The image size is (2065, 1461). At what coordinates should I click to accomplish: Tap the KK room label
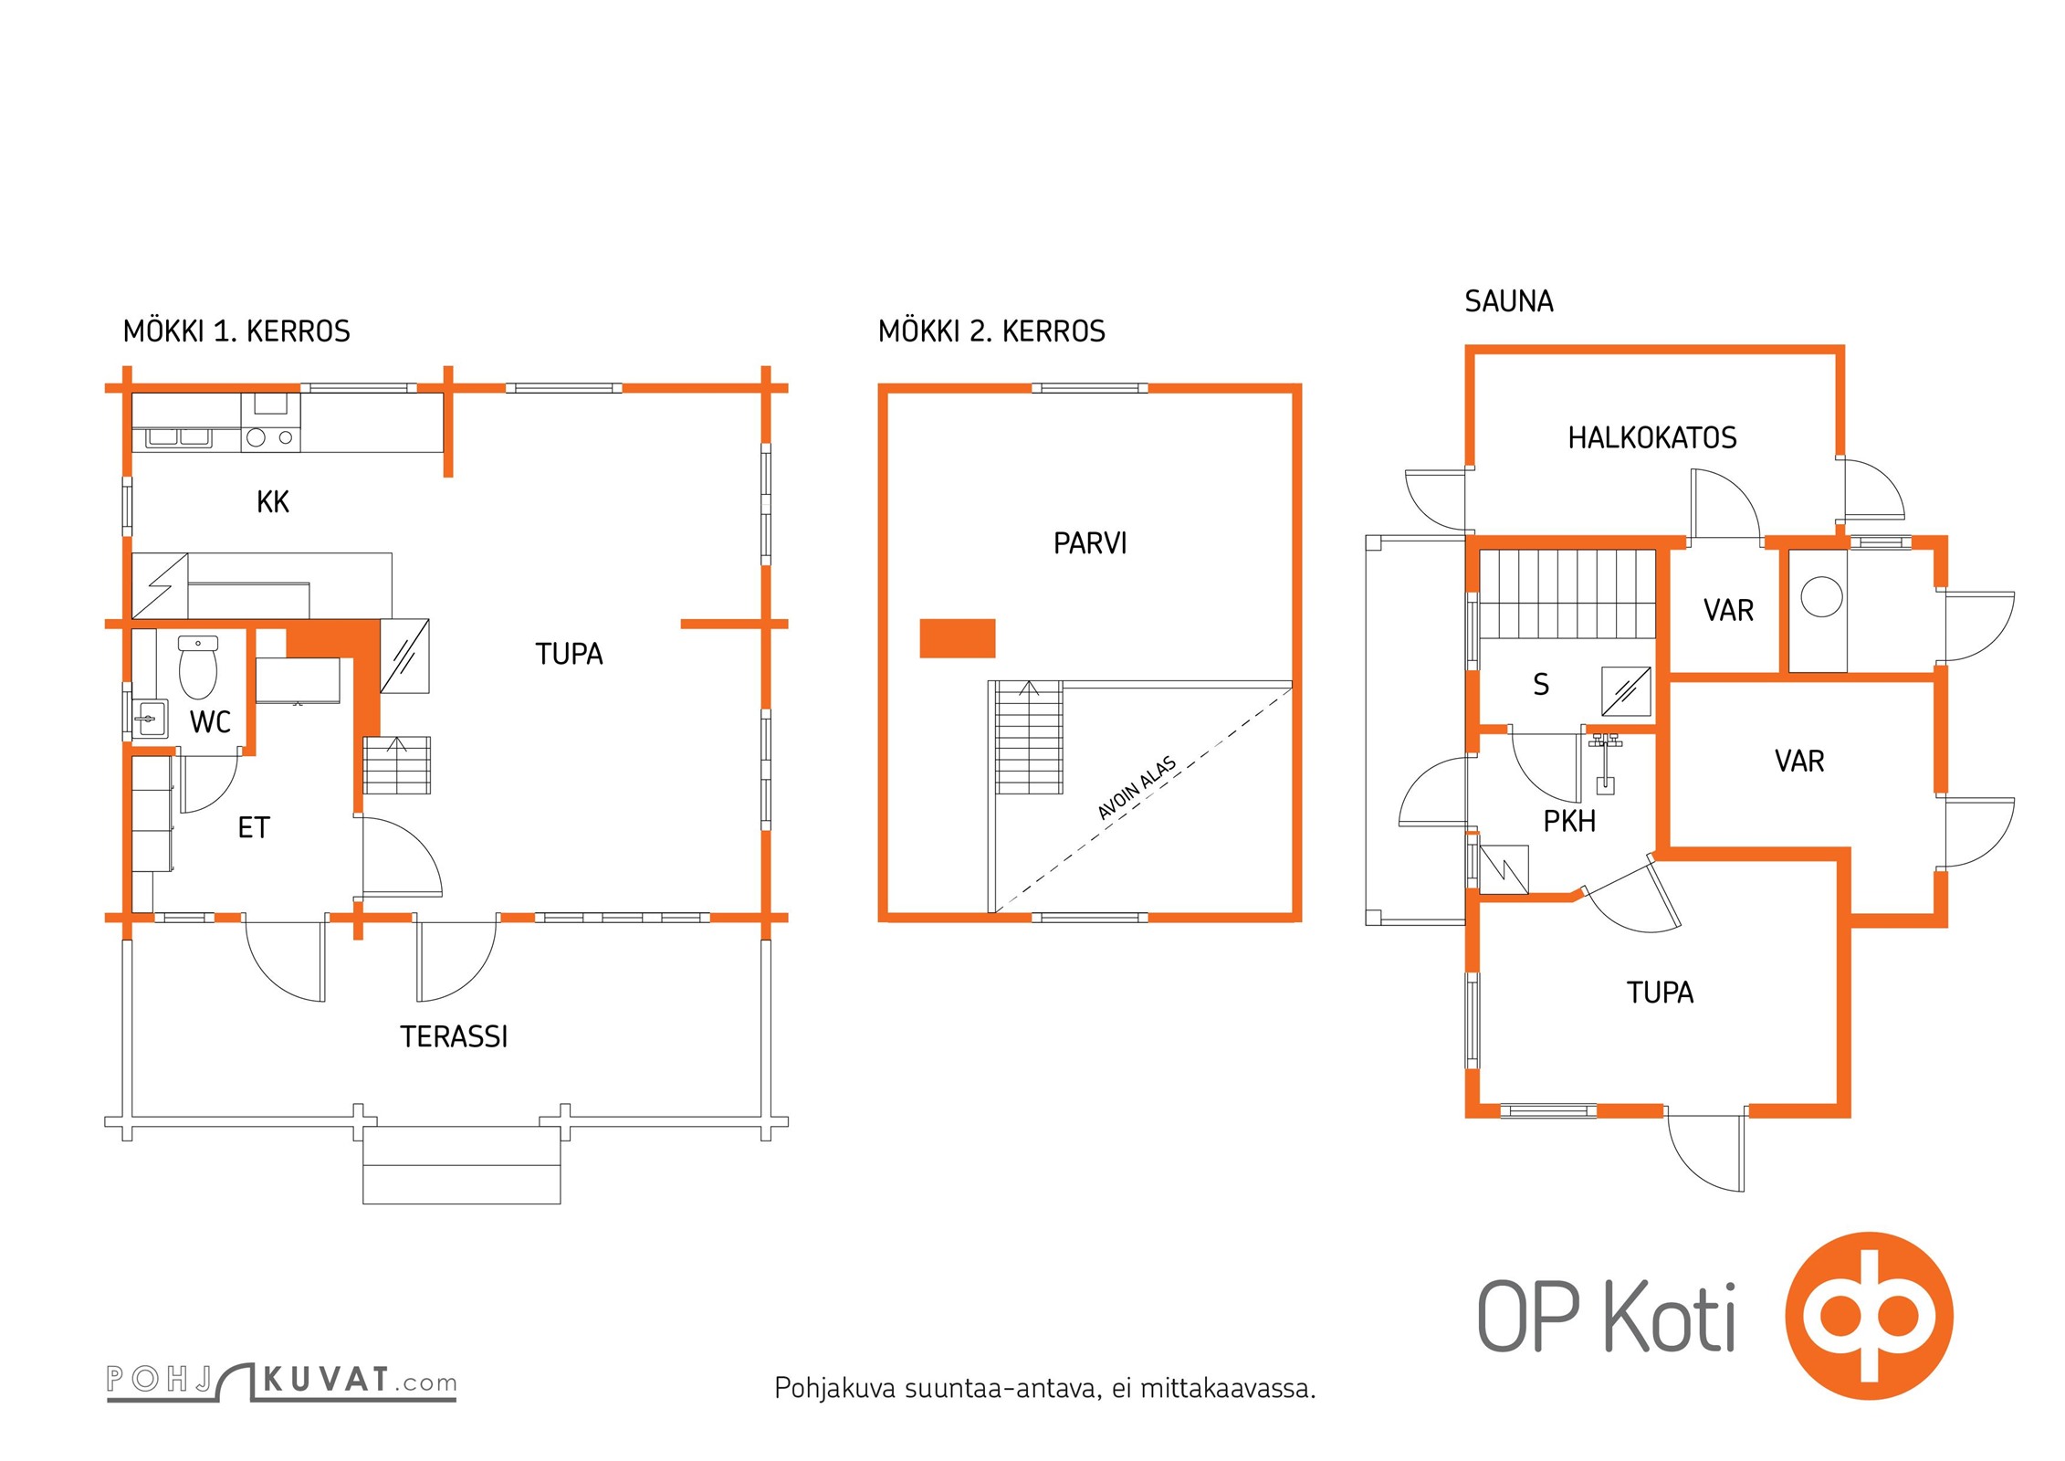tap(273, 502)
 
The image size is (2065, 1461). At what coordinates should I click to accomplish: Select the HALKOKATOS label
tap(1652, 438)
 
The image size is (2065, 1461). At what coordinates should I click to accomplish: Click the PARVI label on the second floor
tap(1090, 544)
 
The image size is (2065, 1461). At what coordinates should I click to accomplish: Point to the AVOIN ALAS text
tap(1137, 788)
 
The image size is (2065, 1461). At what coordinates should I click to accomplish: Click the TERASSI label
tap(454, 1036)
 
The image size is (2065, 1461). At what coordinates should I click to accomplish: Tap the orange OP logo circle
tap(1870, 1316)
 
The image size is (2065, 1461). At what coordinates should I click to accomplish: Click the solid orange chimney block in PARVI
tap(957, 638)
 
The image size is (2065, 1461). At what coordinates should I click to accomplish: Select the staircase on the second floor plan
tap(1029, 738)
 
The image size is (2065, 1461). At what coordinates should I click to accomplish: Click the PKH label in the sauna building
tap(1569, 822)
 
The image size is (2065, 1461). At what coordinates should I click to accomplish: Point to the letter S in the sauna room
tap(1541, 685)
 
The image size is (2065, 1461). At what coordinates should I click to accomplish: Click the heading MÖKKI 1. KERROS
tap(236, 331)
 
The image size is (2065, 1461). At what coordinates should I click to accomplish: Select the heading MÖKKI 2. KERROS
tap(991, 331)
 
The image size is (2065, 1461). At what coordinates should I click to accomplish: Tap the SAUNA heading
tap(1509, 301)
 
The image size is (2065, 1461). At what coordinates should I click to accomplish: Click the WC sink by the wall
tap(150, 719)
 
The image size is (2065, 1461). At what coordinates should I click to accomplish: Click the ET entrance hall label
tap(254, 828)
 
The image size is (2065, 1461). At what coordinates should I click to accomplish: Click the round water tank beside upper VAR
tap(1821, 596)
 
